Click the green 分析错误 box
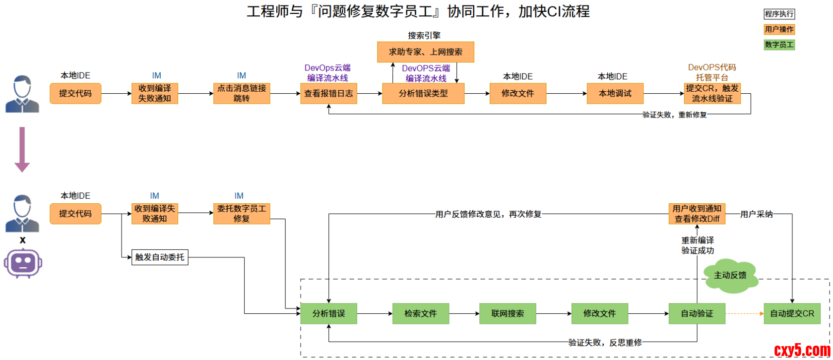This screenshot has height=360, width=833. click(x=328, y=313)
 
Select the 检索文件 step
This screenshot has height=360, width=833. click(x=420, y=313)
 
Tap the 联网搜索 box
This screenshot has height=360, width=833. click(x=507, y=313)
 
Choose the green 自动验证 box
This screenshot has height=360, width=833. click(x=697, y=313)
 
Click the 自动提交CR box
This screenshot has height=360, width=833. click(x=792, y=313)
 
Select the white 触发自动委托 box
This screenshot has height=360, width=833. click(x=160, y=257)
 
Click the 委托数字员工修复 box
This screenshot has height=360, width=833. click(x=242, y=214)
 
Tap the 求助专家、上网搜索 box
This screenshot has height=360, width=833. click(x=425, y=52)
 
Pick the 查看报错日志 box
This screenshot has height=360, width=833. click(x=328, y=93)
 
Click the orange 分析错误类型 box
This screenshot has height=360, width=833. click(x=423, y=93)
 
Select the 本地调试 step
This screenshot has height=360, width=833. click(x=615, y=93)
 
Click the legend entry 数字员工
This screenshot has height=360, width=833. click(x=779, y=45)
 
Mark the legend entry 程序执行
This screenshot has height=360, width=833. click(x=779, y=14)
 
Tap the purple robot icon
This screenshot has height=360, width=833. click(x=23, y=263)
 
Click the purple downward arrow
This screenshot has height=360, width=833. click(x=22, y=149)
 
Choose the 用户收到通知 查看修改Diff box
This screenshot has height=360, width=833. click(x=697, y=214)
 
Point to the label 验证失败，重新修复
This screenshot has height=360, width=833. click(x=674, y=115)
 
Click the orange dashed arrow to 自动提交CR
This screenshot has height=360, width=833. click(x=744, y=313)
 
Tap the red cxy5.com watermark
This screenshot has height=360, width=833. click(x=802, y=350)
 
